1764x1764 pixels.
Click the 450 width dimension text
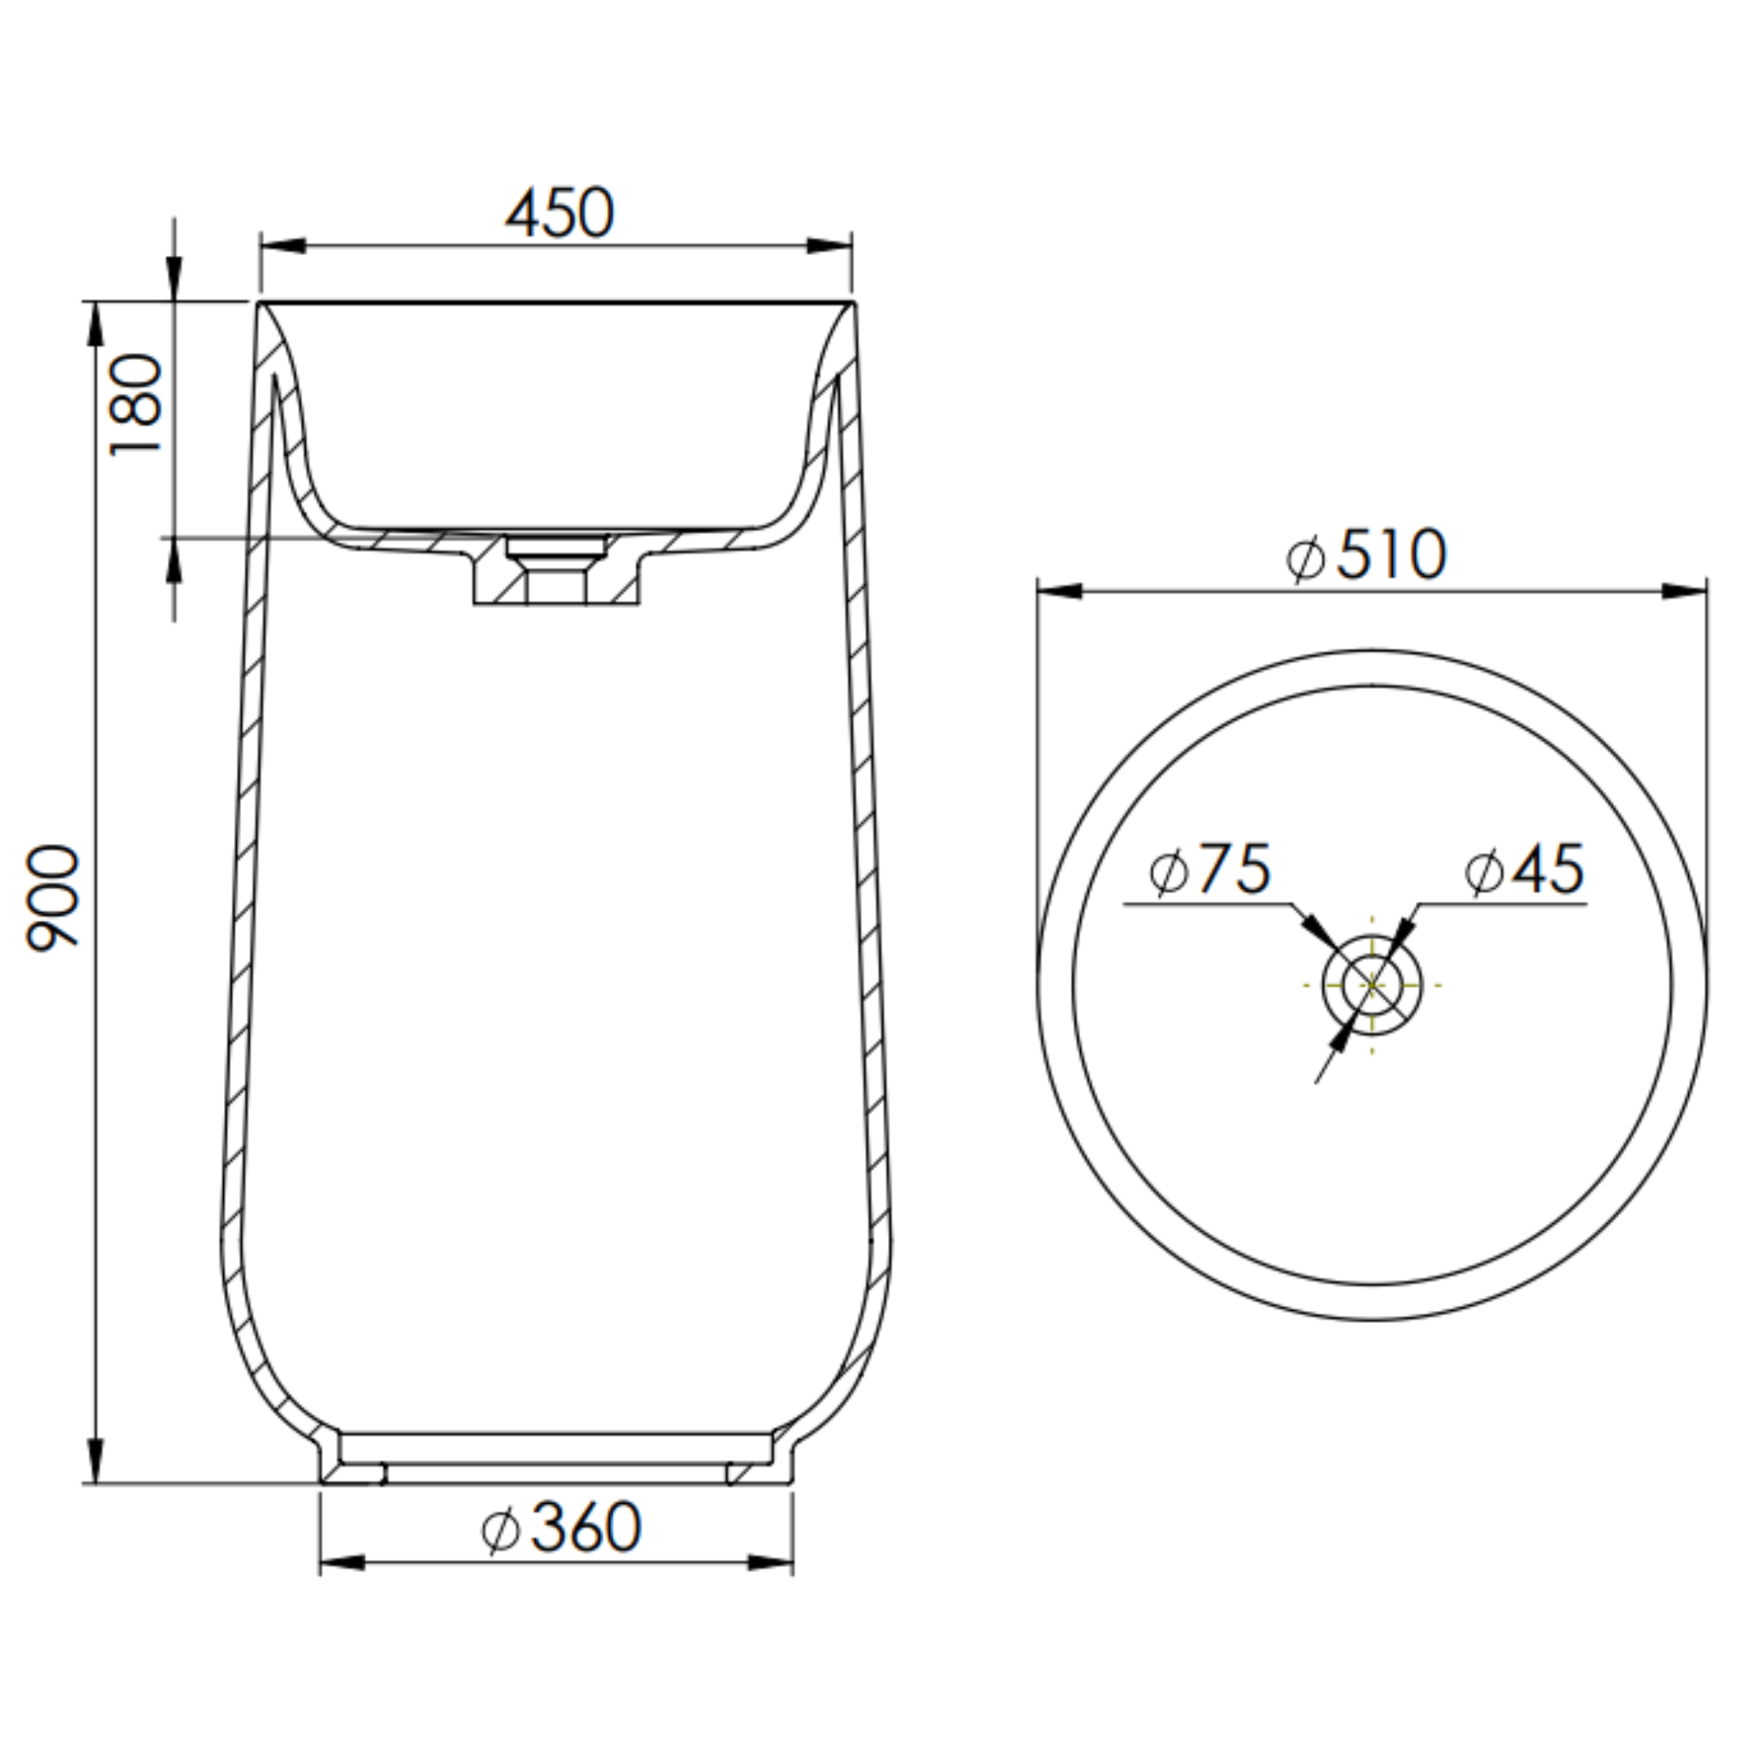tap(560, 214)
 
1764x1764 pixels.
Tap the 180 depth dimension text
tap(136, 405)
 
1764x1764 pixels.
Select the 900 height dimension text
tap(53, 899)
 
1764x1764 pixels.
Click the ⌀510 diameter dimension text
tap(1367, 554)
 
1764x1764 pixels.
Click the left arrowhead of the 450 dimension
tap(283, 246)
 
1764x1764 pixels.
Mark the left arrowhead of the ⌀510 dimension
tap(1060, 592)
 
